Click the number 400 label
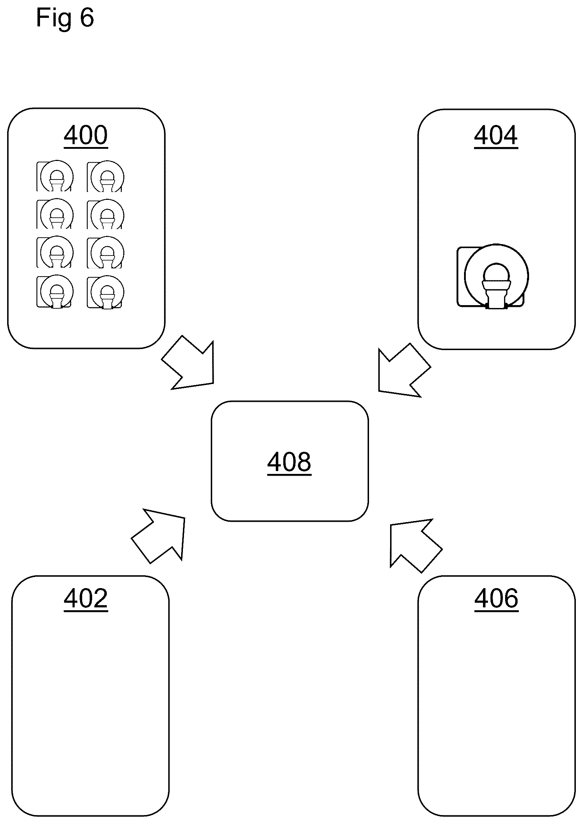coord(86,135)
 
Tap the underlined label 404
coord(496,136)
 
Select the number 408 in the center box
coord(289,462)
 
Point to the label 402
coord(86,598)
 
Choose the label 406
coord(497,598)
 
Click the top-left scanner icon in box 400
coord(55,176)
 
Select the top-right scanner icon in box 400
coord(106,176)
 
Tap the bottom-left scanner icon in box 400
coord(55,292)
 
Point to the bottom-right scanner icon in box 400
coord(106,292)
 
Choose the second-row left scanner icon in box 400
coord(55,214)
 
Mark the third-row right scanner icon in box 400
coord(106,252)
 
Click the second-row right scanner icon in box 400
coord(106,214)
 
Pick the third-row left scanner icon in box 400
coord(55,252)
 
